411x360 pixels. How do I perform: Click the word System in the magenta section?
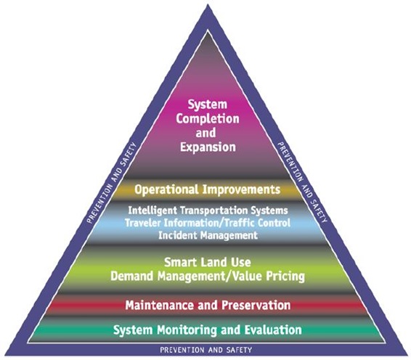point(208,105)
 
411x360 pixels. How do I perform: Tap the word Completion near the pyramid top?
point(208,119)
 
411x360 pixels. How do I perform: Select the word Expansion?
point(208,147)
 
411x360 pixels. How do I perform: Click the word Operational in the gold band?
point(166,189)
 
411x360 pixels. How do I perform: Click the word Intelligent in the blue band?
point(152,210)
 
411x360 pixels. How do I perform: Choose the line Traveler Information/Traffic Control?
point(208,223)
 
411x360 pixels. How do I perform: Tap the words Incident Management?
point(208,235)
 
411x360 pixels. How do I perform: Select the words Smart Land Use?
point(208,262)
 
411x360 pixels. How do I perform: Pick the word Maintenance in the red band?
point(160,306)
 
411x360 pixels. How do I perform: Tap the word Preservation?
point(256,306)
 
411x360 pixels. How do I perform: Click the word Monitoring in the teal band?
point(187,330)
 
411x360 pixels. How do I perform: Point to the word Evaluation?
point(273,330)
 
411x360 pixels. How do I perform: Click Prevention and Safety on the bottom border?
point(206,350)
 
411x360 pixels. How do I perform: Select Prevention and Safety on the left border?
point(112,183)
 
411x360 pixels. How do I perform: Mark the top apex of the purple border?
point(208,4)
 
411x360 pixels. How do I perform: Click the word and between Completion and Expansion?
point(206,133)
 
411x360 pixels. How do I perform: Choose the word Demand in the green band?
point(131,276)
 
